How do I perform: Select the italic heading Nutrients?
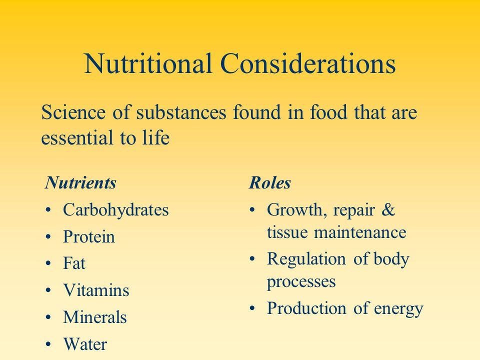(x=80, y=183)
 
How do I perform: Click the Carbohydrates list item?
(x=116, y=210)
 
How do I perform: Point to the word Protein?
(x=89, y=237)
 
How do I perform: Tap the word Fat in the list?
(x=74, y=263)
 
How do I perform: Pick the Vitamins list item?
(x=96, y=290)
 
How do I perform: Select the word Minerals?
(x=95, y=317)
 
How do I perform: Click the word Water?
(x=84, y=344)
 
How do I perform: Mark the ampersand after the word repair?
(x=388, y=210)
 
